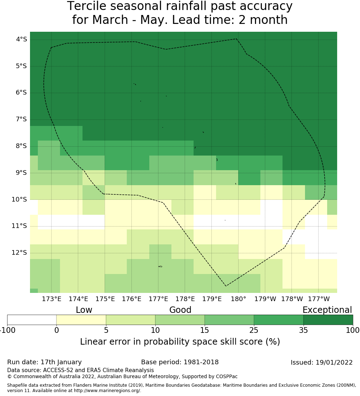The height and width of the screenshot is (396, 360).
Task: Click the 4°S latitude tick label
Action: (x=21, y=39)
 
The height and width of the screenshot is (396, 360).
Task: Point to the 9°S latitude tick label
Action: (x=21, y=173)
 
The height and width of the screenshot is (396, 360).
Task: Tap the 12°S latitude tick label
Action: (x=20, y=253)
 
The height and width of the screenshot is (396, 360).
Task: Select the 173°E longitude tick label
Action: (x=51, y=299)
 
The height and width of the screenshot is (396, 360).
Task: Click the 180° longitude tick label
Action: (x=238, y=299)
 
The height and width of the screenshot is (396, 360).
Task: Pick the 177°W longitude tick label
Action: (x=319, y=299)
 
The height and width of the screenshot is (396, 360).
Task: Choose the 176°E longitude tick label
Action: (x=132, y=299)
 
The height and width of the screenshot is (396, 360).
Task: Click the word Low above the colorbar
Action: (x=84, y=310)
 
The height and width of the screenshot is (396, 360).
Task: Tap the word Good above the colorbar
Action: (x=180, y=310)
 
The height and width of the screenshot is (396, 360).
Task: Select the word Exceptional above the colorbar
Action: (x=327, y=310)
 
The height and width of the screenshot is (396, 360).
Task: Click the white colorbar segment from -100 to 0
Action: (x=32, y=320)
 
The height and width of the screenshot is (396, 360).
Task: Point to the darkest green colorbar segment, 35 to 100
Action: (x=328, y=320)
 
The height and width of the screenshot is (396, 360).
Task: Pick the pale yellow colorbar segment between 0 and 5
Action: (x=81, y=320)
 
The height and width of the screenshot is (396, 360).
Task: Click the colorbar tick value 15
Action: (x=205, y=330)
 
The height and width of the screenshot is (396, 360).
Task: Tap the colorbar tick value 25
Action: (x=254, y=330)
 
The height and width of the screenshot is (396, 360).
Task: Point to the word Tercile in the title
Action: (x=86, y=6)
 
